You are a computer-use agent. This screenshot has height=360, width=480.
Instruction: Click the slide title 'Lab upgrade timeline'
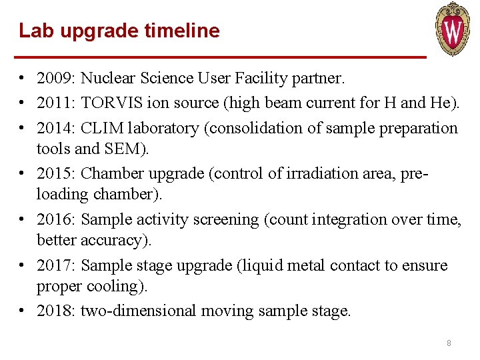(119, 31)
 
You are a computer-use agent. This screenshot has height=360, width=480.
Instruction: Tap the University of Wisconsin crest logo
(453, 29)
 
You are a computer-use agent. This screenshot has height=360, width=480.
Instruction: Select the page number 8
(449, 343)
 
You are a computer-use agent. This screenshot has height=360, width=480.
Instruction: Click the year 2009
(55, 79)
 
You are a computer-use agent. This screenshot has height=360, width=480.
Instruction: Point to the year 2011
(55, 103)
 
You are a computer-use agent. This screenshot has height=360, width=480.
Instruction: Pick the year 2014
(55, 128)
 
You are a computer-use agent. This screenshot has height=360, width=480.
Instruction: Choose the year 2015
(55, 173)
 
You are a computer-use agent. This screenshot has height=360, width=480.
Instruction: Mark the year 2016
(55, 219)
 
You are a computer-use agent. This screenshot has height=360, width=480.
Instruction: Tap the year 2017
(55, 265)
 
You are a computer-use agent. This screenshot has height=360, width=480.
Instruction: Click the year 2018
(55, 311)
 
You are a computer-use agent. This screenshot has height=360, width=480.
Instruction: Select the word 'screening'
(213, 219)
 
